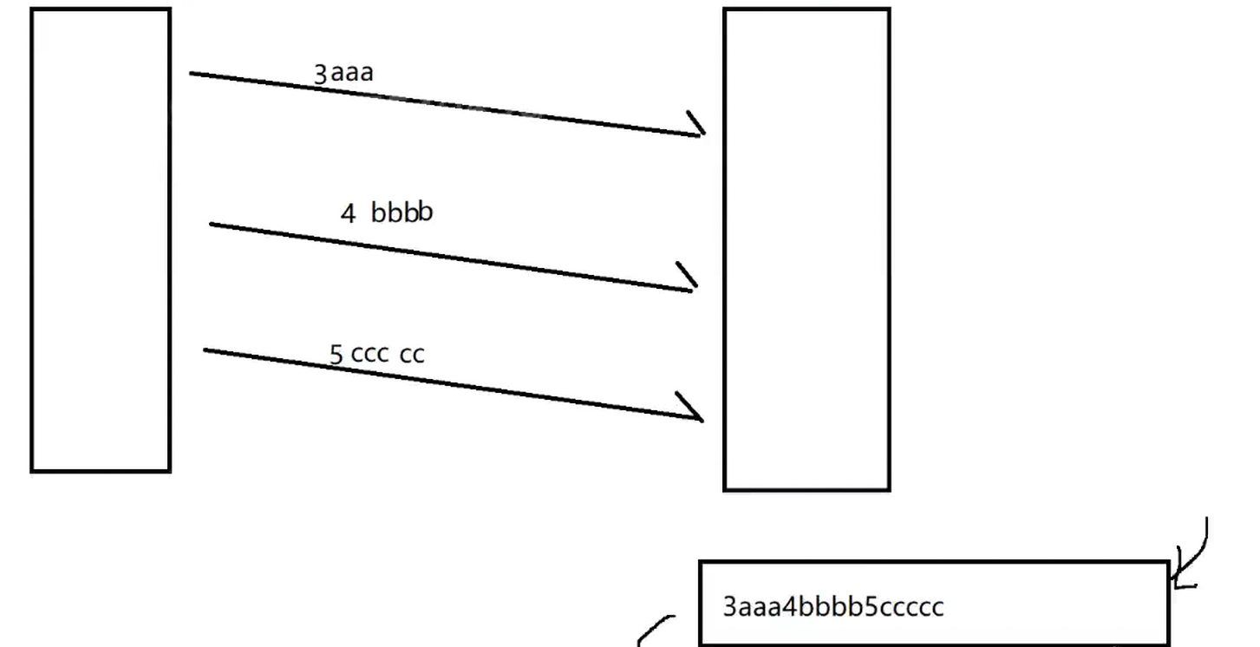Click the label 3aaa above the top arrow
pos(343,72)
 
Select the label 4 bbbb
pos(387,212)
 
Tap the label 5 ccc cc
pos(377,354)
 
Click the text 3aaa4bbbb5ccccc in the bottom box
pos(832,606)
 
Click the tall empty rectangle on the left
pos(101,240)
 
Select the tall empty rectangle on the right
pos(806,250)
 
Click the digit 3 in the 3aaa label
pos(320,74)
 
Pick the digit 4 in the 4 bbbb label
pos(348,213)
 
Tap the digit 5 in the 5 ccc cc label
pos(336,355)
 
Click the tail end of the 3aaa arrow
pos(192,74)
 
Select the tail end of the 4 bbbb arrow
pos(212,224)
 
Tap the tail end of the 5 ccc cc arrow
pos(206,350)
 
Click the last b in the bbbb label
pos(424,211)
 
